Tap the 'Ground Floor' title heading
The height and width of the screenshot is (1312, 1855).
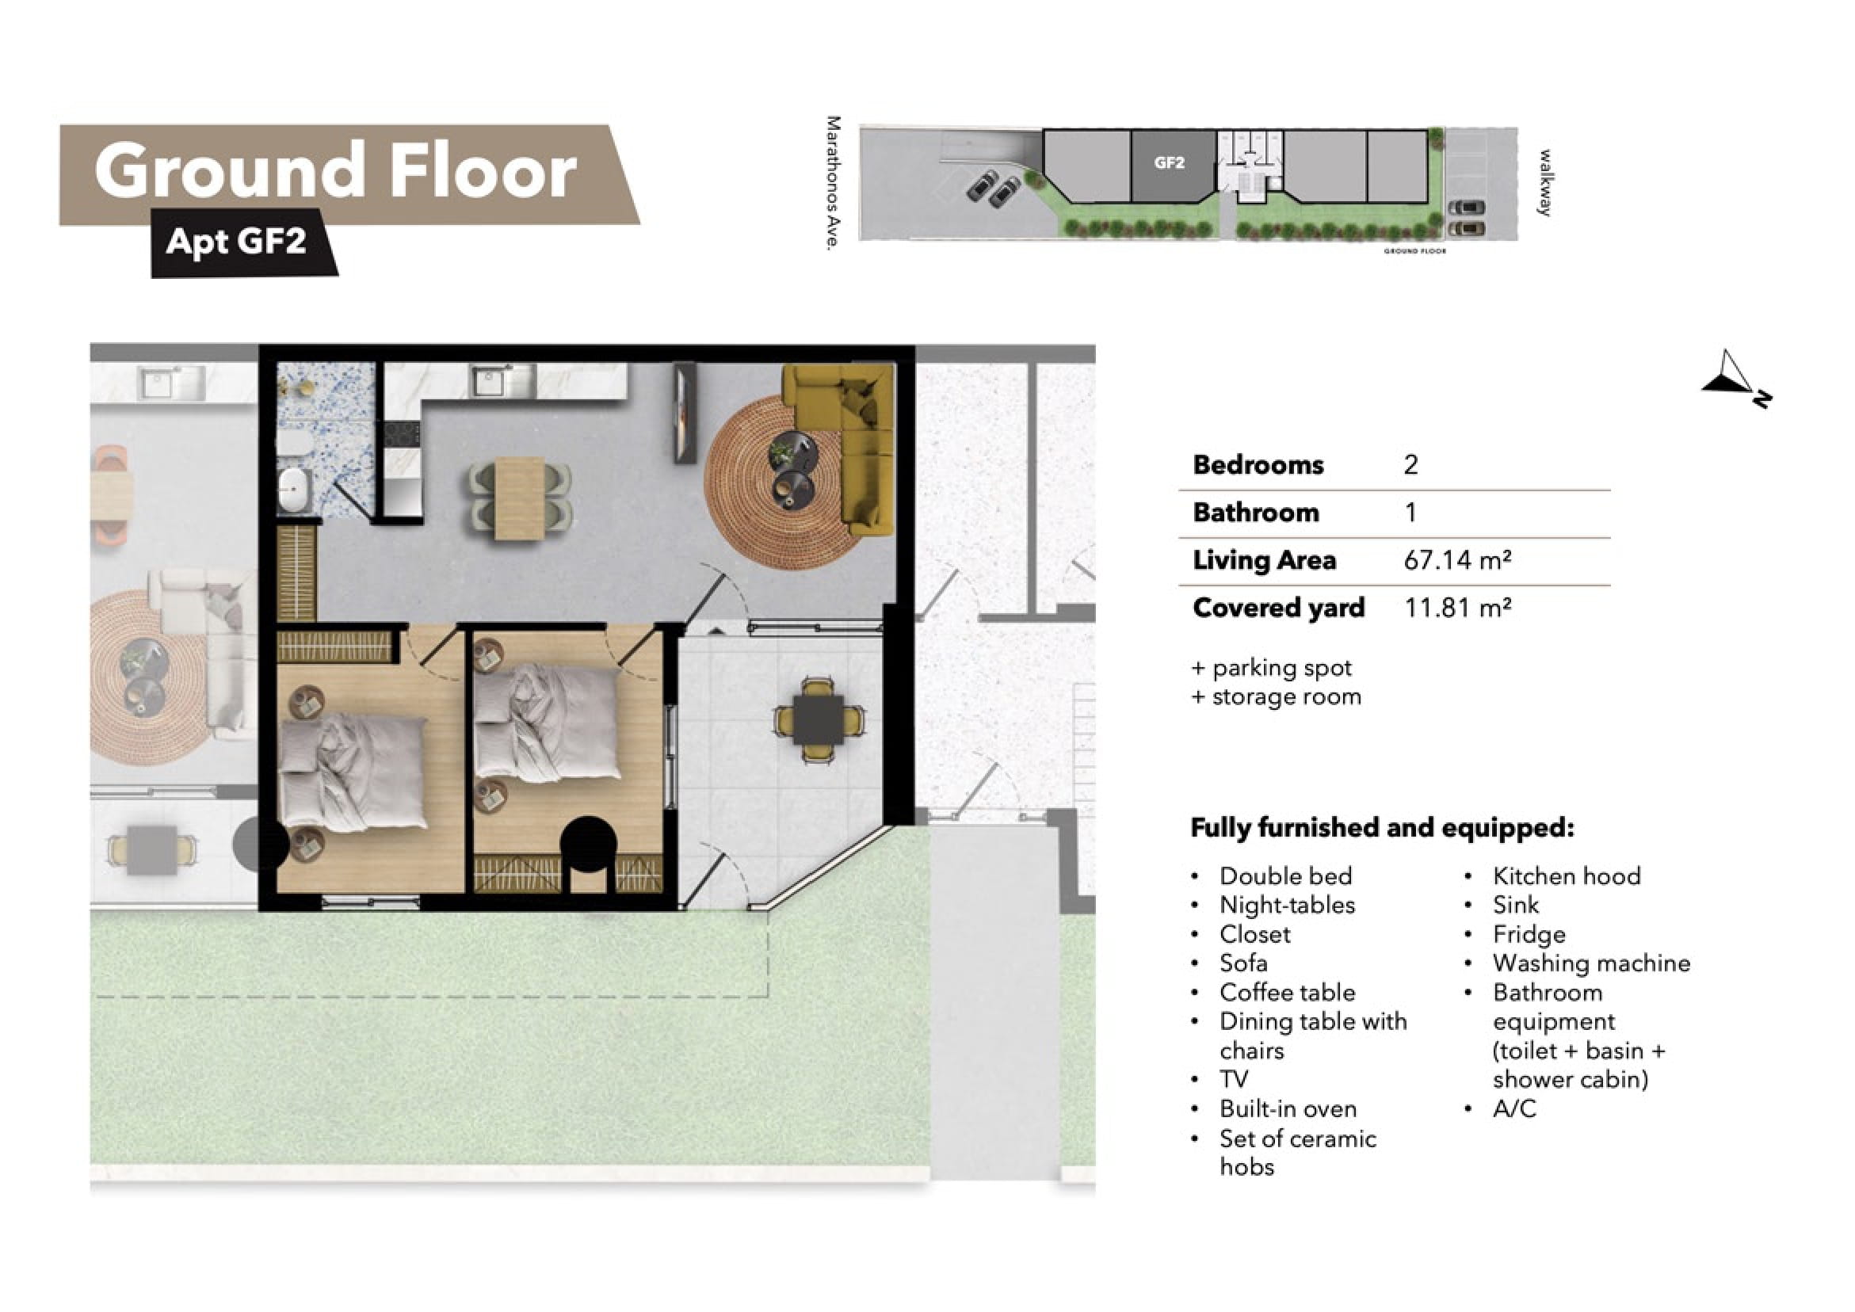[x=335, y=171]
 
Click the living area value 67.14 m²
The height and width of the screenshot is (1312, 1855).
[x=1457, y=560]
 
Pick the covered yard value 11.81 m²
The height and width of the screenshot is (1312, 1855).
[x=1457, y=608]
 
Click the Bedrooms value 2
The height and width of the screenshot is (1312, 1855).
[x=1410, y=465]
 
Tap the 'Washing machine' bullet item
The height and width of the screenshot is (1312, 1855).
[x=1591, y=963]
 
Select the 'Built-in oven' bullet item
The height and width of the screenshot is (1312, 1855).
[x=1288, y=1108]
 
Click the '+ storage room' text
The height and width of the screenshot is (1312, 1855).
[x=1277, y=696]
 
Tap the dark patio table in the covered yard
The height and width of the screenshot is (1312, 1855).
[x=819, y=720]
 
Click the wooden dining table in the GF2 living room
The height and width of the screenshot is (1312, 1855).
[x=519, y=498]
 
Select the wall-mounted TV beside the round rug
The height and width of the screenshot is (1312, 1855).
[x=685, y=412]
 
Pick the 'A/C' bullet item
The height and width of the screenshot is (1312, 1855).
[x=1514, y=1108]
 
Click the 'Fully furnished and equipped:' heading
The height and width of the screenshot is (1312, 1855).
[x=1383, y=828]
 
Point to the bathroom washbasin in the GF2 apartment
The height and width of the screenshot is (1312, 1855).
[x=294, y=488]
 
